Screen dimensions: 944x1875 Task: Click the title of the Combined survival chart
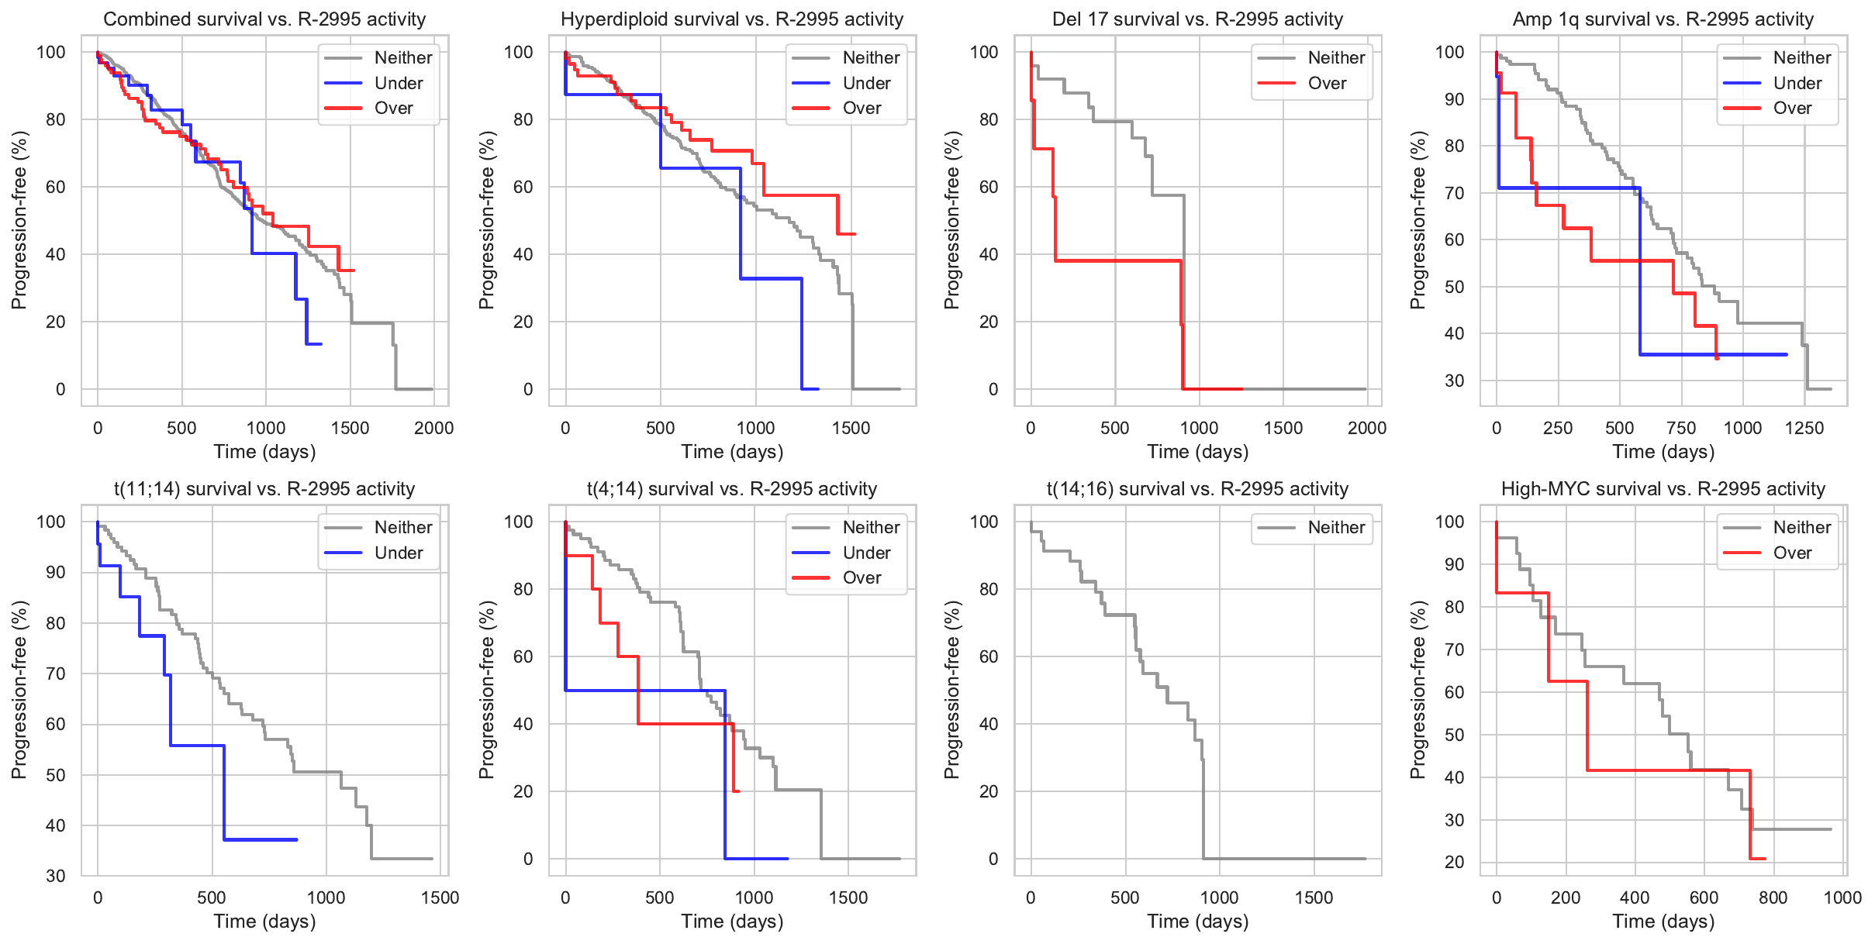(x=264, y=19)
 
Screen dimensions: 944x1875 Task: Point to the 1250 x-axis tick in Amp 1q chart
(x=1804, y=428)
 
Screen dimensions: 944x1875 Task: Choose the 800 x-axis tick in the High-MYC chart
(x=1773, y=897)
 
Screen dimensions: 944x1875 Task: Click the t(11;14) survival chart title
(x=264, y=489)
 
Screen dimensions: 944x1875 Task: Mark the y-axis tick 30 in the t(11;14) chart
(x=56, y=876)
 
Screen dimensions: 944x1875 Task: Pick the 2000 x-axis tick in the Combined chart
(x=433, y=428)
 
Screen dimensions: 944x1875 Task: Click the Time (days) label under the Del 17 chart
(x=1197, y=452)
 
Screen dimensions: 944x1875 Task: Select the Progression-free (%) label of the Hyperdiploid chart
(x=486, y=220)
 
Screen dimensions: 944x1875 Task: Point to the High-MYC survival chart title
(x=1663, y=489)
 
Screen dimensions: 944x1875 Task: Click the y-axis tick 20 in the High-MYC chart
(x=1455, y=862)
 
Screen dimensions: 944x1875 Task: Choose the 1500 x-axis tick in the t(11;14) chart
(x=440, y=897)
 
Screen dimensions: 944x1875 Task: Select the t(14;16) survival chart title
(x=1197, y=489)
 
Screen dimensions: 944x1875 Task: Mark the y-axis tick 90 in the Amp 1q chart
(x=1455, y=99)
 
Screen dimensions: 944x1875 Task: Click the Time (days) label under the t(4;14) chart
(x=732, y=922)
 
